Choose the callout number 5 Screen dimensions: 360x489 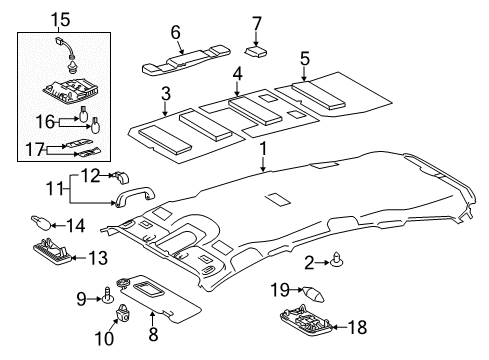tap(305, 59)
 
